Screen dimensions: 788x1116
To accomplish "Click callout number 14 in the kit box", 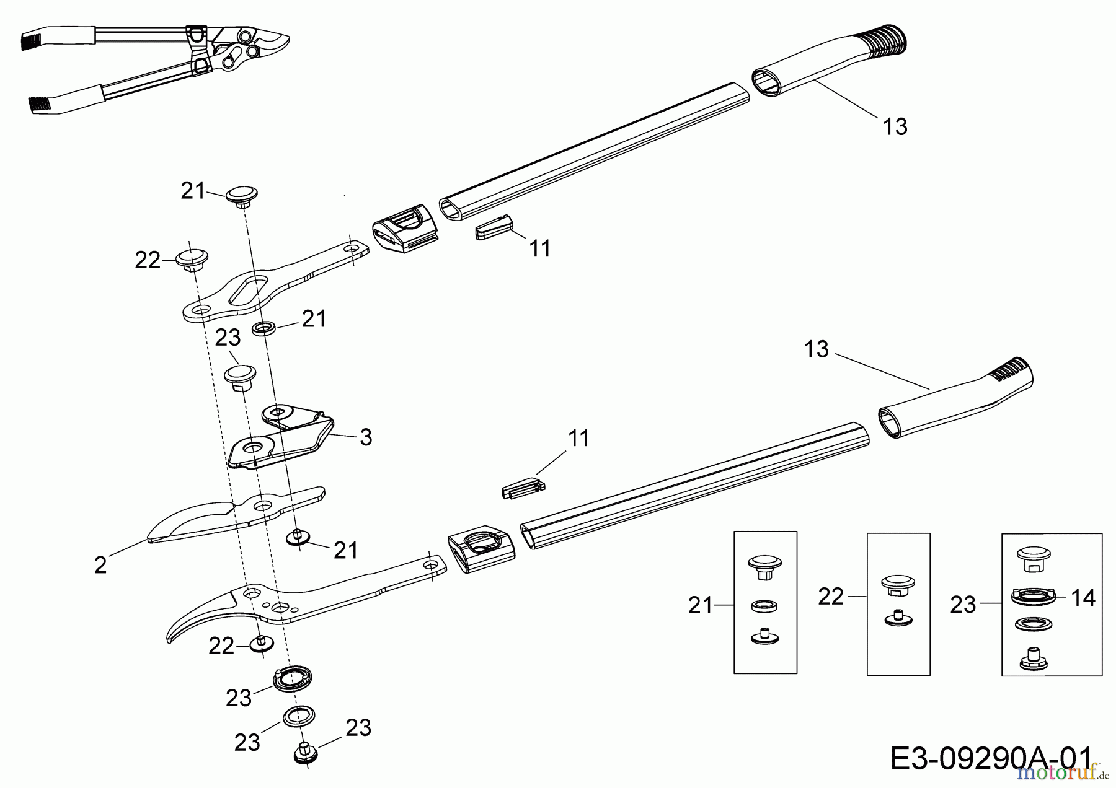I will (1083, 597).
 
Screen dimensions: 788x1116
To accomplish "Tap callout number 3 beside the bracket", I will (366, 437).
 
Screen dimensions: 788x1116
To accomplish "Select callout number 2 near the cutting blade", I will (100, 565).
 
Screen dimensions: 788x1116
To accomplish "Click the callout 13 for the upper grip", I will (895, 126).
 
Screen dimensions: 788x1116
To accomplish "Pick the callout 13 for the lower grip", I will (817, 349).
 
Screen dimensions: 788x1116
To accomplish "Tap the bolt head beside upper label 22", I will (192, 259).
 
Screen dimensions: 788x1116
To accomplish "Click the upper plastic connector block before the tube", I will (406, 228).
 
